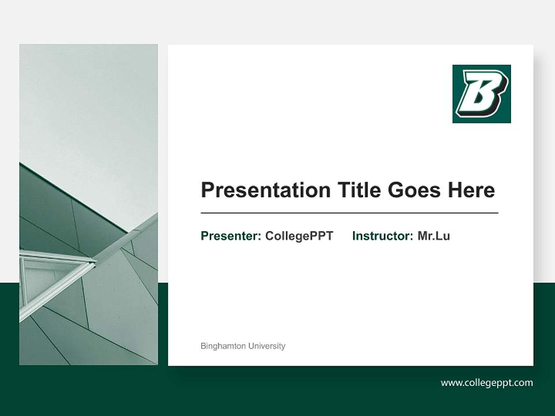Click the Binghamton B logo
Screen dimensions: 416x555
[x=482, y=94]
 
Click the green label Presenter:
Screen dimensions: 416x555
[x=231, y=236]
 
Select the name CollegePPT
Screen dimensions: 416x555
[x=299, y=236]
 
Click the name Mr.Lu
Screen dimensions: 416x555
[x=434, y=236]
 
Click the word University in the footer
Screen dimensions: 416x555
[x=267, y=346]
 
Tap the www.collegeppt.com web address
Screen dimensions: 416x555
[x=487, y=382]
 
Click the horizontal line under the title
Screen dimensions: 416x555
[x=349, y=213]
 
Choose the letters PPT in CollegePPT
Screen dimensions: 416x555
[x=322, y=236]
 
